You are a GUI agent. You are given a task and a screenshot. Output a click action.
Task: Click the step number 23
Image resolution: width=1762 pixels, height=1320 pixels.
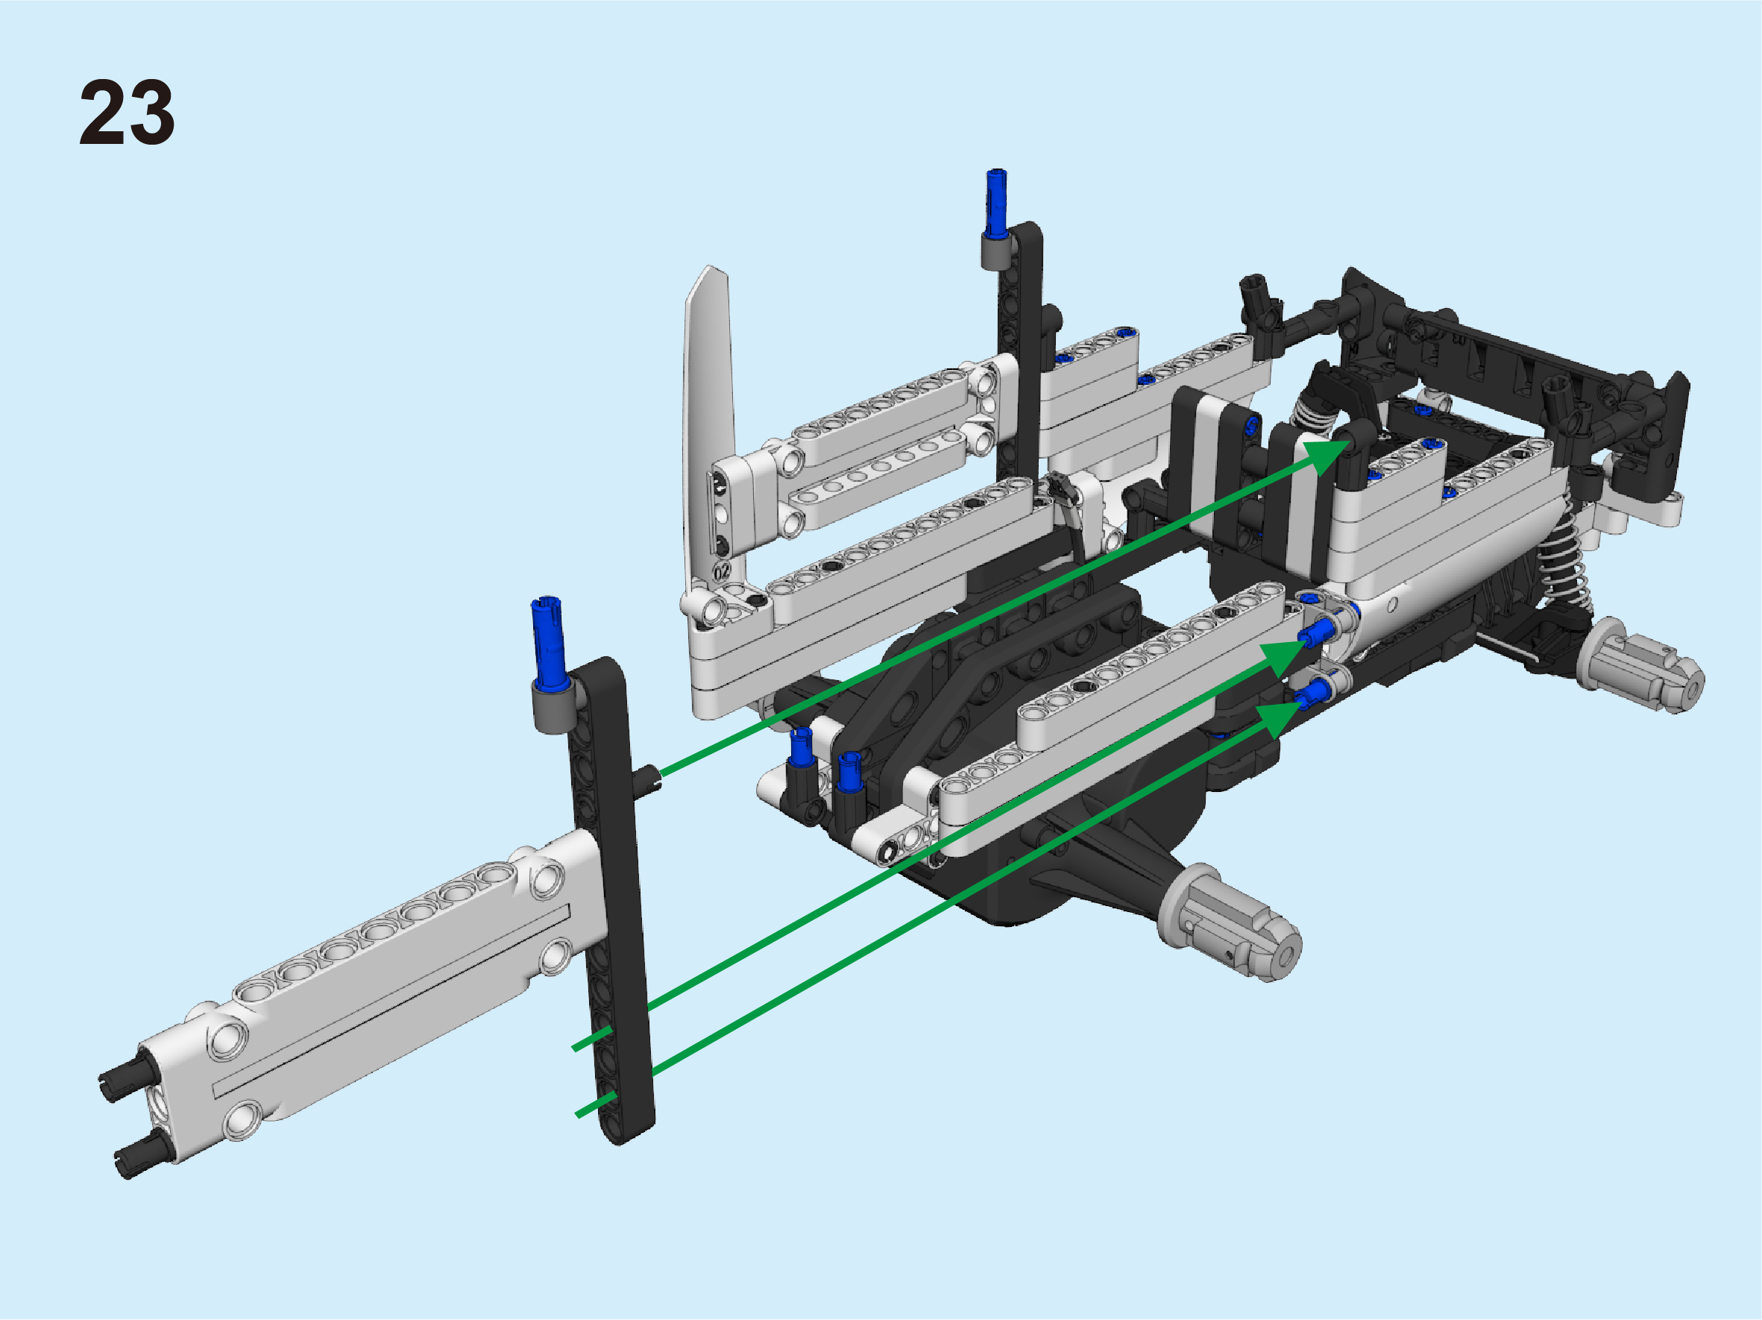point(127,113)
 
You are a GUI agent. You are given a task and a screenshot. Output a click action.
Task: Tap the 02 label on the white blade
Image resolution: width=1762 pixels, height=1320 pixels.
point(722,571)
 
